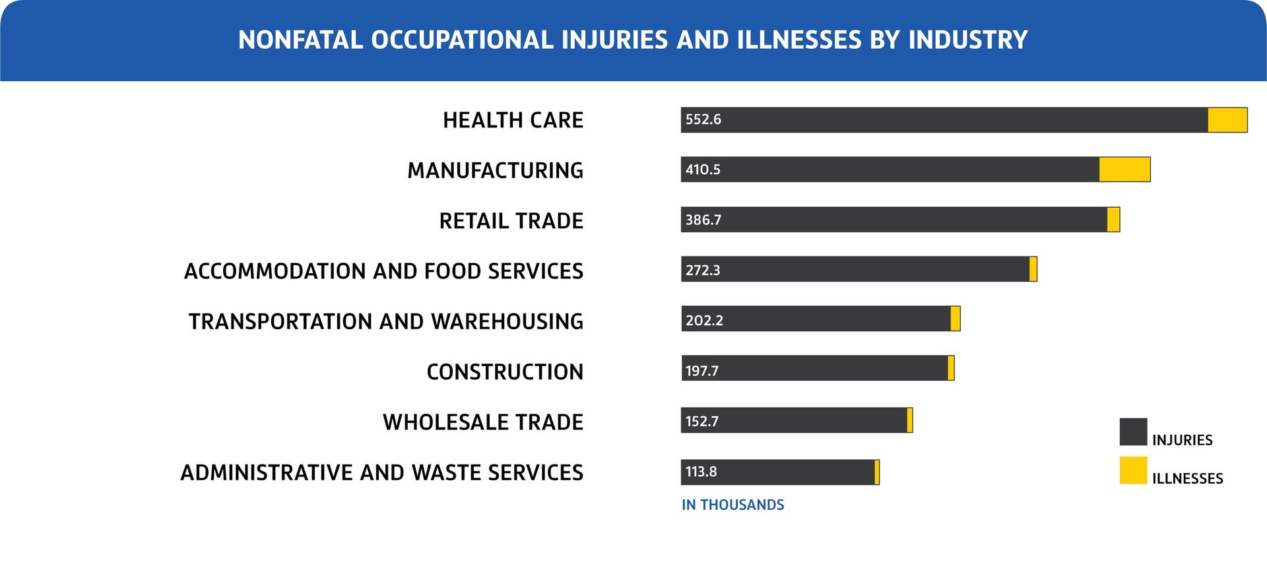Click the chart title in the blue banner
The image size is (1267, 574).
pyautogui.click(x=633, y=40)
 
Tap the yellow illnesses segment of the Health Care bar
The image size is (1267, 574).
pyautogui.click(x=1227, y=120)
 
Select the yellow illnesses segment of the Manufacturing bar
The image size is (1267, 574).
pyautogui.click(x=1124, y=170)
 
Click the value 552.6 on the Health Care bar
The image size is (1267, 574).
pyautogui.click(x=703, y=119)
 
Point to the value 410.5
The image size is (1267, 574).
pyautogui.click(x=703, y=170)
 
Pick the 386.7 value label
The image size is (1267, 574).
pyautogui.click(x=703, y=220)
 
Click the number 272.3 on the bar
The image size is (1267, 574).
pyautogui.click(x=703, y=270)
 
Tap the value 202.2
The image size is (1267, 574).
pyautogui.click(x=704, y=320)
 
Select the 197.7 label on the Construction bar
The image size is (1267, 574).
pyautogui.click(x=701, y=370)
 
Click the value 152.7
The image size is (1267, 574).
pyautogui.click(x=701, y=421)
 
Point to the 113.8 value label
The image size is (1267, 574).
pyautogui.click(x=701, y=472)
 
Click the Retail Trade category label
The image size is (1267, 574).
pyautogui.click(x=511, y=220)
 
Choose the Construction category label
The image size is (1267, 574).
pyautogui.click(x=505, y=371)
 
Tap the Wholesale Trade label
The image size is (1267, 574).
pyautogui.click(x=483, y=422)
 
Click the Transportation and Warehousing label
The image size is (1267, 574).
pyautogui.click(x=386, y=321)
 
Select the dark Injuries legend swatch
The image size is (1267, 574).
pyautogui.click(x=1133, y=432)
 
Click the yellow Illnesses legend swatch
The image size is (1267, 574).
pyautogui.click(x=1133, y=470)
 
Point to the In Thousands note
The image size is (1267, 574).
pyautogui.click(x=732, y=505)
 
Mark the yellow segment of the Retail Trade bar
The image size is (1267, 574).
pyautogui.click(x=1113, y=220)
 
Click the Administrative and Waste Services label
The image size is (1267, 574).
pyautogui.click(x=382, y=472)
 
